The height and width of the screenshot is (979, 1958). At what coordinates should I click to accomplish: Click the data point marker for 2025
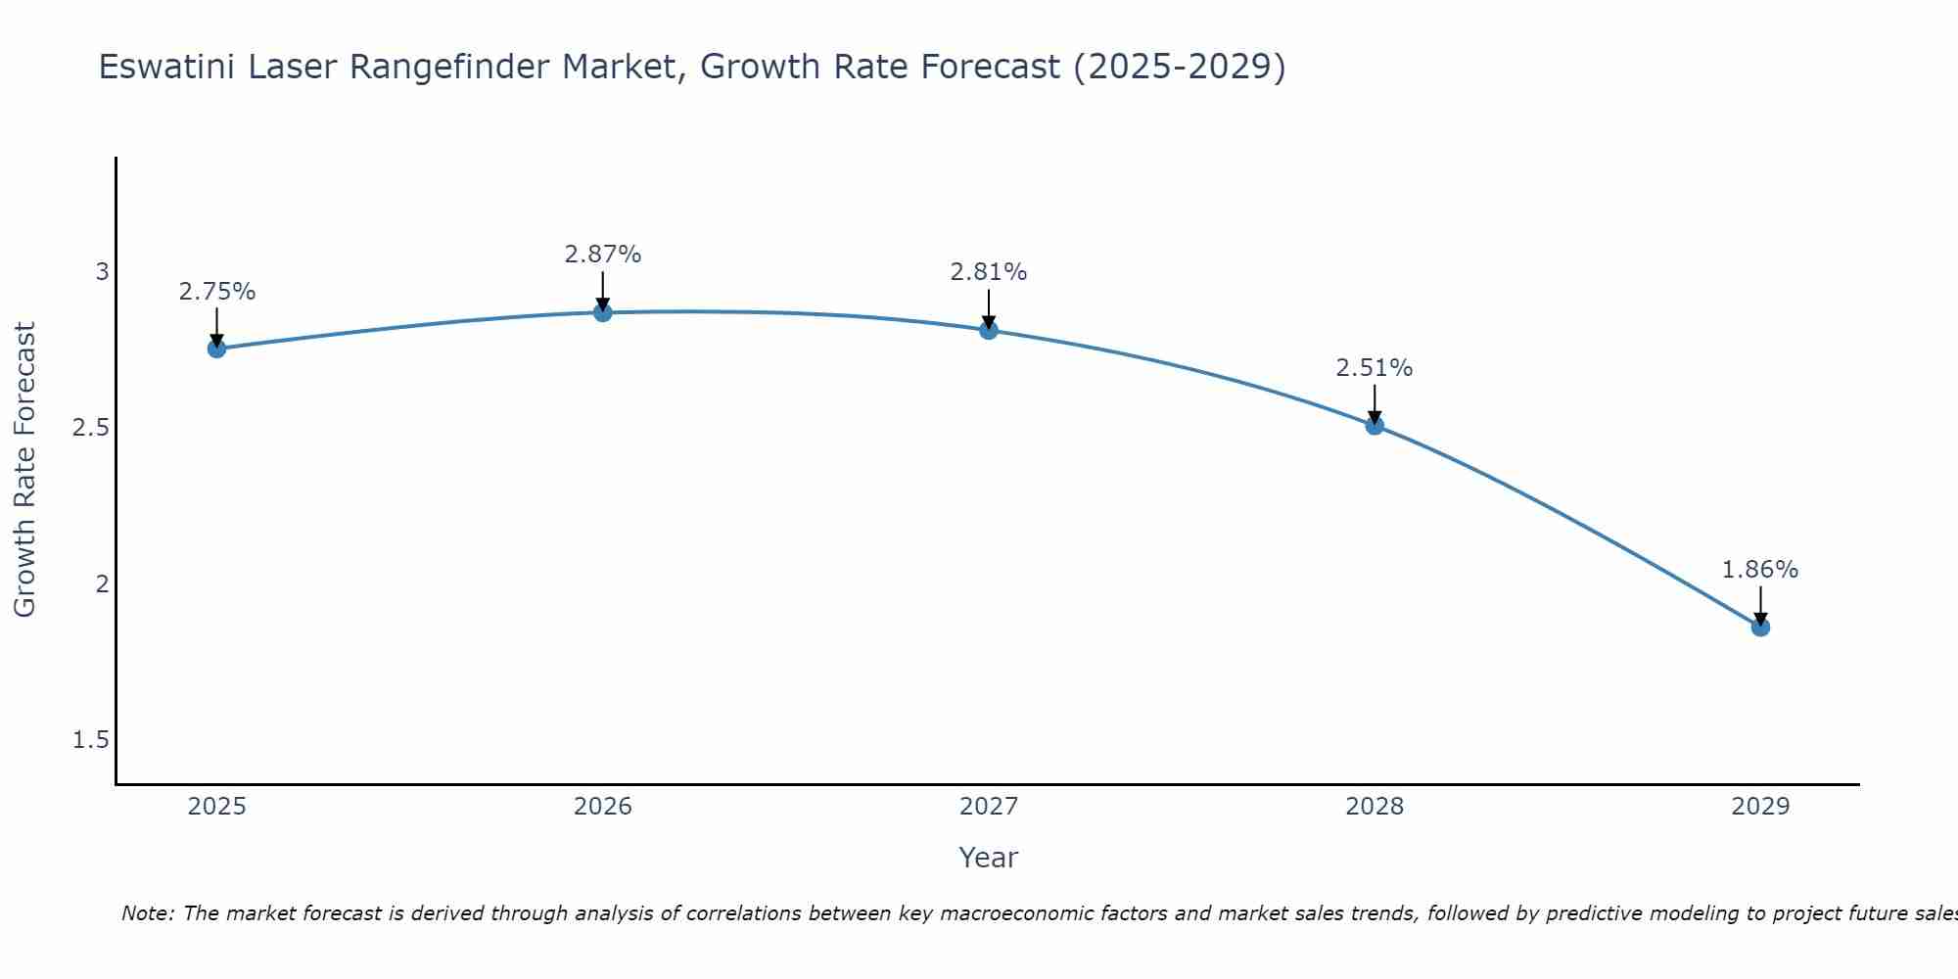tap(216, 349)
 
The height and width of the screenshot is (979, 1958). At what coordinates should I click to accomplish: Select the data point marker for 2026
tap(603, 312)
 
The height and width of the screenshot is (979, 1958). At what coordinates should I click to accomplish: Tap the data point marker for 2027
tap(989, 330)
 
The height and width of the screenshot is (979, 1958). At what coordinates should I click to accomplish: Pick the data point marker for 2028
tap(1375, 425)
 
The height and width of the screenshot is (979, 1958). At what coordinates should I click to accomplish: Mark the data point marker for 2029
tap(1760, 627)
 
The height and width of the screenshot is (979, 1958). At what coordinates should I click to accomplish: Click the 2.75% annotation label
tap(216, 292)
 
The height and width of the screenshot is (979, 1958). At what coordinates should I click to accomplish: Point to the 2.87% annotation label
tap(603, 255)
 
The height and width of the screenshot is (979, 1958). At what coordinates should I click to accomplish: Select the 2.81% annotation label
tap(989, 272)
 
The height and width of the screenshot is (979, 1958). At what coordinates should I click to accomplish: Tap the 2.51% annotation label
tap(1375, 368)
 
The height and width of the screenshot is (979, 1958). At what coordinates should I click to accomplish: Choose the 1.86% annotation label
tap(1760, 570)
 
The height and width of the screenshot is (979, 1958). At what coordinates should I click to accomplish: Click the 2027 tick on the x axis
tap(989, 807)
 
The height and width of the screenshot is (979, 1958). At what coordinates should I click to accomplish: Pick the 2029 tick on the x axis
tap(1760, 807)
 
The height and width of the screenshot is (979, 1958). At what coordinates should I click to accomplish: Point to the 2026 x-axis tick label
tap(603, 807)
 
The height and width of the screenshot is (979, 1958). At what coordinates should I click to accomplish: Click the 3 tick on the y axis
tap(102, 271)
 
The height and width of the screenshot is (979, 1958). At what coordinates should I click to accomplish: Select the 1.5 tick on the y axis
tap(91, 740)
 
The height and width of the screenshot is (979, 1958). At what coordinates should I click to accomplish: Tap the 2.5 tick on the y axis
tap(91, 428)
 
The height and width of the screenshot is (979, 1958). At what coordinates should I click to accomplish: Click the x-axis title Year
tap(989, 858)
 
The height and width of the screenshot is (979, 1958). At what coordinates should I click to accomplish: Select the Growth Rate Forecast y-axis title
tap(25, 470)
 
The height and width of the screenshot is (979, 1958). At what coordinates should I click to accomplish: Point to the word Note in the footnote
tap(148, 913)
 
